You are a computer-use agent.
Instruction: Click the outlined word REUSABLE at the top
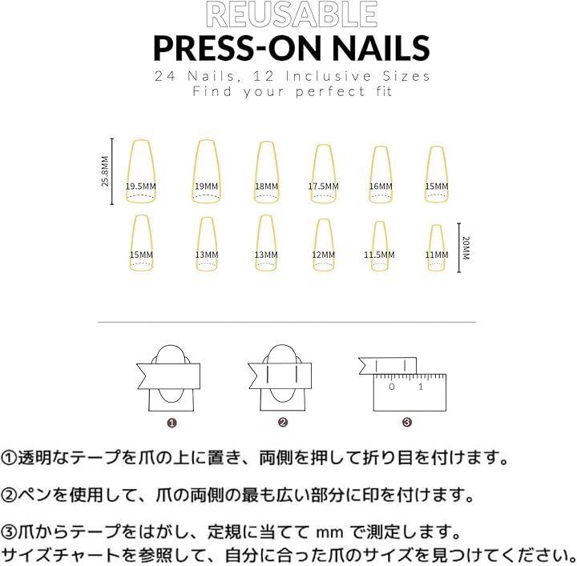(x=292, y=14)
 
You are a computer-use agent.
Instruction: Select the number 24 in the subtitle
(x=165, y=76)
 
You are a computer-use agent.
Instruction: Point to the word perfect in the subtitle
(x=330, y=91)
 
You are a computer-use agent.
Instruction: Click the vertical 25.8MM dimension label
(x=105, y=171)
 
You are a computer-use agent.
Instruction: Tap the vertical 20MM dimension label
(x=466, y=248)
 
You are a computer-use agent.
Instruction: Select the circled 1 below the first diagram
(x=171, y=423)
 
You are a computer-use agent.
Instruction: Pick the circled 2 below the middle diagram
(x=283, y=422)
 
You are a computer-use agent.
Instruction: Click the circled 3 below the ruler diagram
(x=406, y=422)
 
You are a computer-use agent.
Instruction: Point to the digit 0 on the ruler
(x=392, y=387)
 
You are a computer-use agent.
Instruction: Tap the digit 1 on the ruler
(x=421, y=387)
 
